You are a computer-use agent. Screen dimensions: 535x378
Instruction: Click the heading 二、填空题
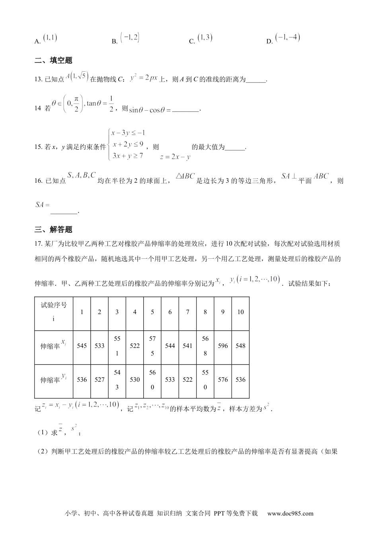[x=53, y=61]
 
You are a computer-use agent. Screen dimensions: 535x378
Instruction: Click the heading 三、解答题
[x=53, y=229]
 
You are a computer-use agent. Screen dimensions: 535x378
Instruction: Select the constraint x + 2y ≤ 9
[x=128, y=144]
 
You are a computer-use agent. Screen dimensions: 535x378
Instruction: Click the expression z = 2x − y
[x=175, y=157]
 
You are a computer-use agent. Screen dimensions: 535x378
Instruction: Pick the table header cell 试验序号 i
[x=54, y=312]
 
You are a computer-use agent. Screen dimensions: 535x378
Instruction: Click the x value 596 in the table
[x=223, y=346]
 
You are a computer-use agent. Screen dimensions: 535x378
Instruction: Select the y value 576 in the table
[x=223, y=380]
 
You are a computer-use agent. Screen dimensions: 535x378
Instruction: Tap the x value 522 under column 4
[x=135, y=346]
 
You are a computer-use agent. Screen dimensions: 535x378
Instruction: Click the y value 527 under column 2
[x=99, y=380]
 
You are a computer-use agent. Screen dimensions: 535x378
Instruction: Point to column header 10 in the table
[x=240, y=312]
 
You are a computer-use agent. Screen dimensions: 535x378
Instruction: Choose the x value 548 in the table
[x=240, y=346]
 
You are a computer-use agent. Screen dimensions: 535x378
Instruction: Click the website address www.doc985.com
[x=290, y=514]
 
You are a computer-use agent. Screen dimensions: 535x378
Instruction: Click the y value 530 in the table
[x=135, y=380]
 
